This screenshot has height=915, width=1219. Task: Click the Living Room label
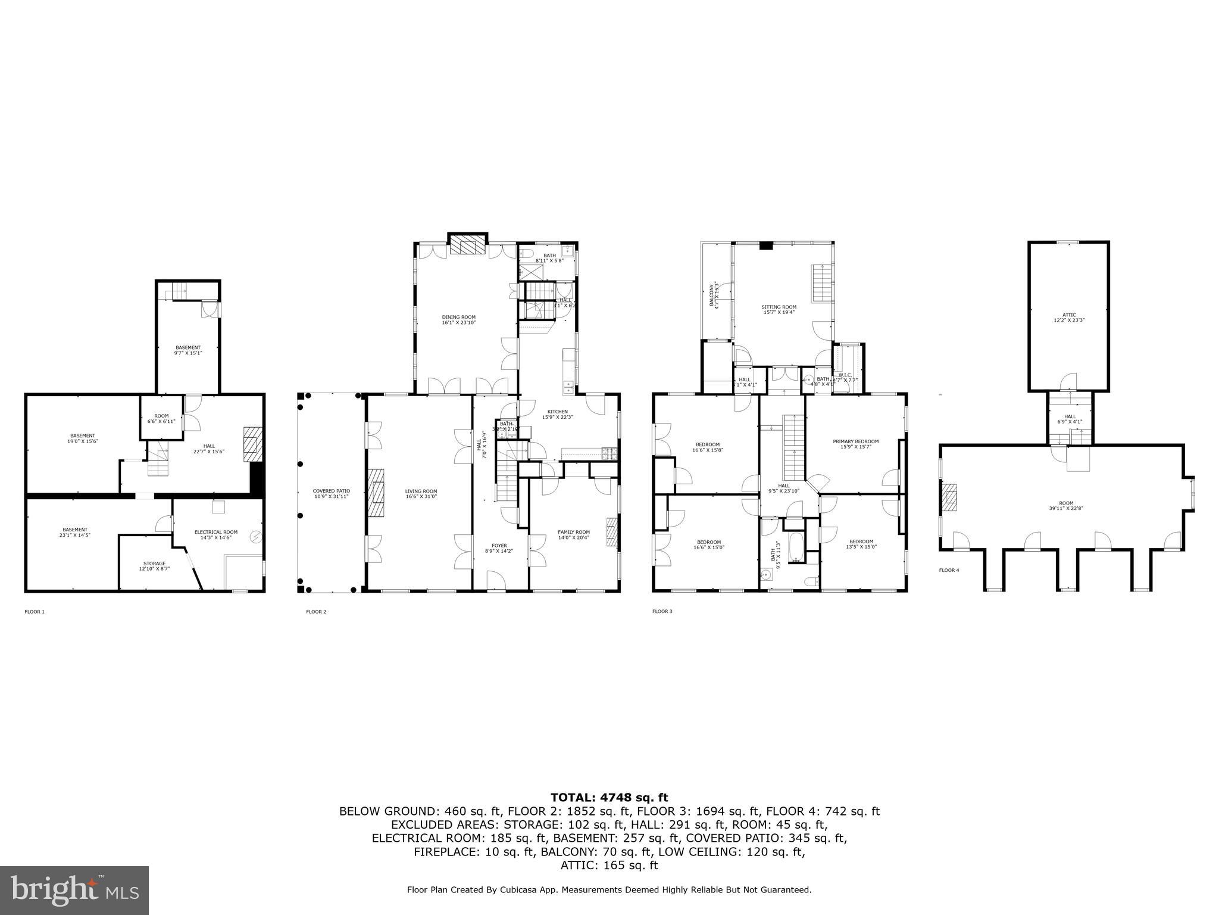[x=421, y=493]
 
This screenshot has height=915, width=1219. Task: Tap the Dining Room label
[x=458, y=319]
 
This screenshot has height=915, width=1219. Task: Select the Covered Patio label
[x=331, y=493]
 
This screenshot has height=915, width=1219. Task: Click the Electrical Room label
[x=216, y=534]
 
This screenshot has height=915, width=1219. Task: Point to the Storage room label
[x=154, y=566]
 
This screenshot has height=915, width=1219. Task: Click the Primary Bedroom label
[x=855, y=444]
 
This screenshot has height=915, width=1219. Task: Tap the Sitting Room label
[x=779, y=309]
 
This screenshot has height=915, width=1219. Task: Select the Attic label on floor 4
[x=1069, y=317]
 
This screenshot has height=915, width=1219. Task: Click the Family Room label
[x=574, y=534]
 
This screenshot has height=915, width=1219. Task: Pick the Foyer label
[x=499, y=548]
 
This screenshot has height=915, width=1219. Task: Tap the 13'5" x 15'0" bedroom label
[x=861, y=544]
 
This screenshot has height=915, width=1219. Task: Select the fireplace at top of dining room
[x=467, y=244]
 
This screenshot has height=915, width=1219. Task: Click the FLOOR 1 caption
[x=35, y=612]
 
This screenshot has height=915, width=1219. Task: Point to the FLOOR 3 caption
[x=662, y=611]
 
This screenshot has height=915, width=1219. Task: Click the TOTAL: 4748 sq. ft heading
[x=609, y=798]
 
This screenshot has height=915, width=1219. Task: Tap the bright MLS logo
[x=74, y=891]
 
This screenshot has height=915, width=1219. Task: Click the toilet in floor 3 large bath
[x=809, y=581]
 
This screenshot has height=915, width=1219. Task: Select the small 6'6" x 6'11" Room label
[x=161, y=418]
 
